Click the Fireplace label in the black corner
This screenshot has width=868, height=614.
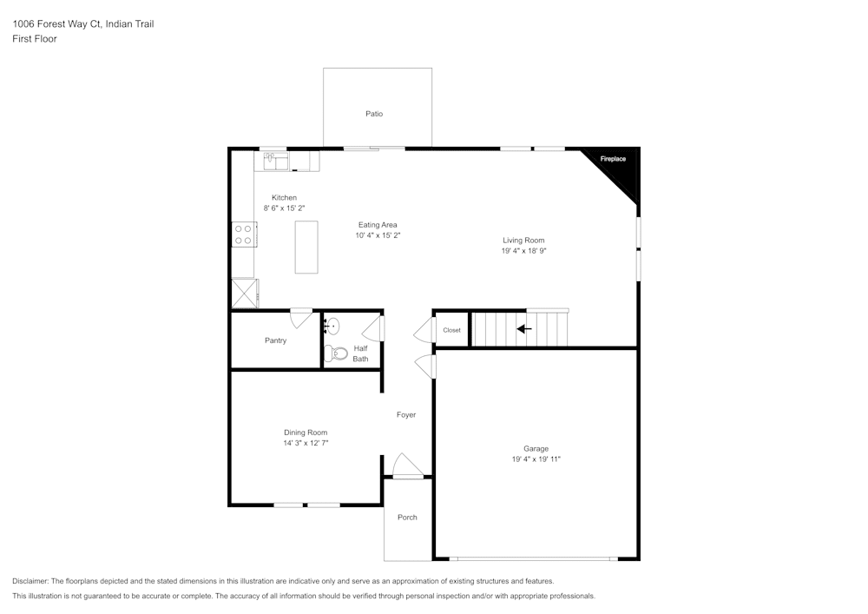(613, 159)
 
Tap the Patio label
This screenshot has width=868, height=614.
(374, 114)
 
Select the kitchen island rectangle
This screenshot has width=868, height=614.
(306, 248)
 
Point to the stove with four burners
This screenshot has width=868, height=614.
(243, 234)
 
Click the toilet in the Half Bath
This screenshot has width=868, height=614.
(335, 353)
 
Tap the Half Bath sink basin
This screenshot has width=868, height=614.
(333, 327)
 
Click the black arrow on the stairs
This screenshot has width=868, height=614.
(524, 329)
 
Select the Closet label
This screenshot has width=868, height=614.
(452, 330)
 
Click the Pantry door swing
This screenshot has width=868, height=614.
(301, 319)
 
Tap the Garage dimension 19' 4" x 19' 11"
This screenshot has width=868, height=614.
(536, 459)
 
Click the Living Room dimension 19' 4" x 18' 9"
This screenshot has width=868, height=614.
(523, 250)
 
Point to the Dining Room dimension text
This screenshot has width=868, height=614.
(306, 443)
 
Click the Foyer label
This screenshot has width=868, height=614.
(406, 415)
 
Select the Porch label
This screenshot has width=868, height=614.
(407, 518)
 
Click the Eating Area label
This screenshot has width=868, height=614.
(378, 225)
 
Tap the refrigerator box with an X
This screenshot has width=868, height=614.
(244, 294)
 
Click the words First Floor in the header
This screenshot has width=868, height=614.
(35, 39)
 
